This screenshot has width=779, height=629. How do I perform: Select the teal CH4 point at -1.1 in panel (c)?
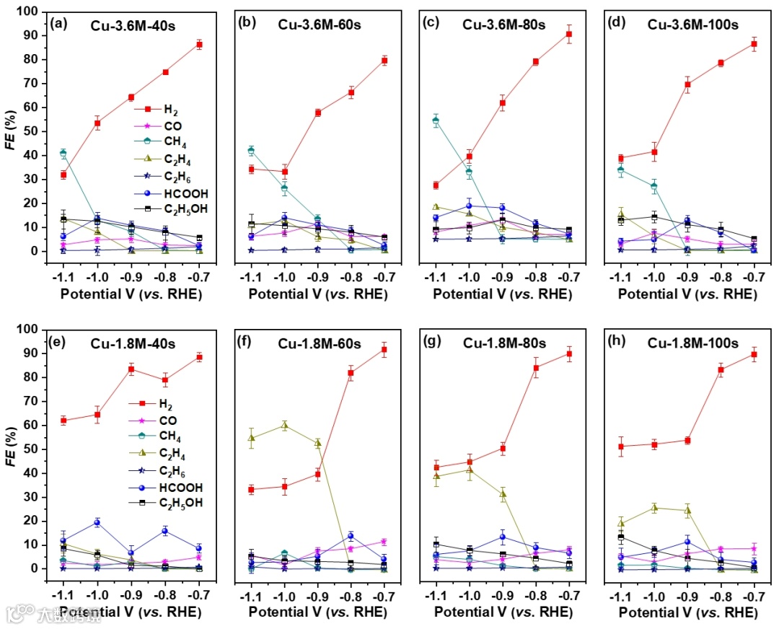[436, 120]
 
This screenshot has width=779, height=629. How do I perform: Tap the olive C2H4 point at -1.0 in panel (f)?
[285, 426]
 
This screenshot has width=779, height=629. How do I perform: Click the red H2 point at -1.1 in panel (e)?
[63, 420]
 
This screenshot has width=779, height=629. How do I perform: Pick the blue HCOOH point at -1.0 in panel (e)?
[97, 522]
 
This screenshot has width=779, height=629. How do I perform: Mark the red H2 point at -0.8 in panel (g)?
[536, 368]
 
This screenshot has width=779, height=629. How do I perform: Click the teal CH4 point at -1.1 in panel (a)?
[63, 153]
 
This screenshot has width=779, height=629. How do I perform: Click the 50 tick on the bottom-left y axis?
[37, 449]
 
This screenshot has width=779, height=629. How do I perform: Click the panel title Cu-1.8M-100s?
[692, 342]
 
